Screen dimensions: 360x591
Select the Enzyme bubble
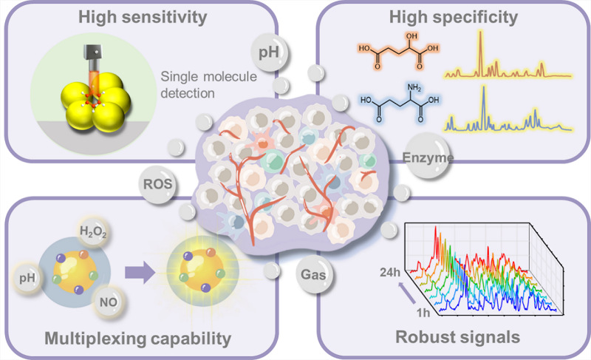click(427, 157)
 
